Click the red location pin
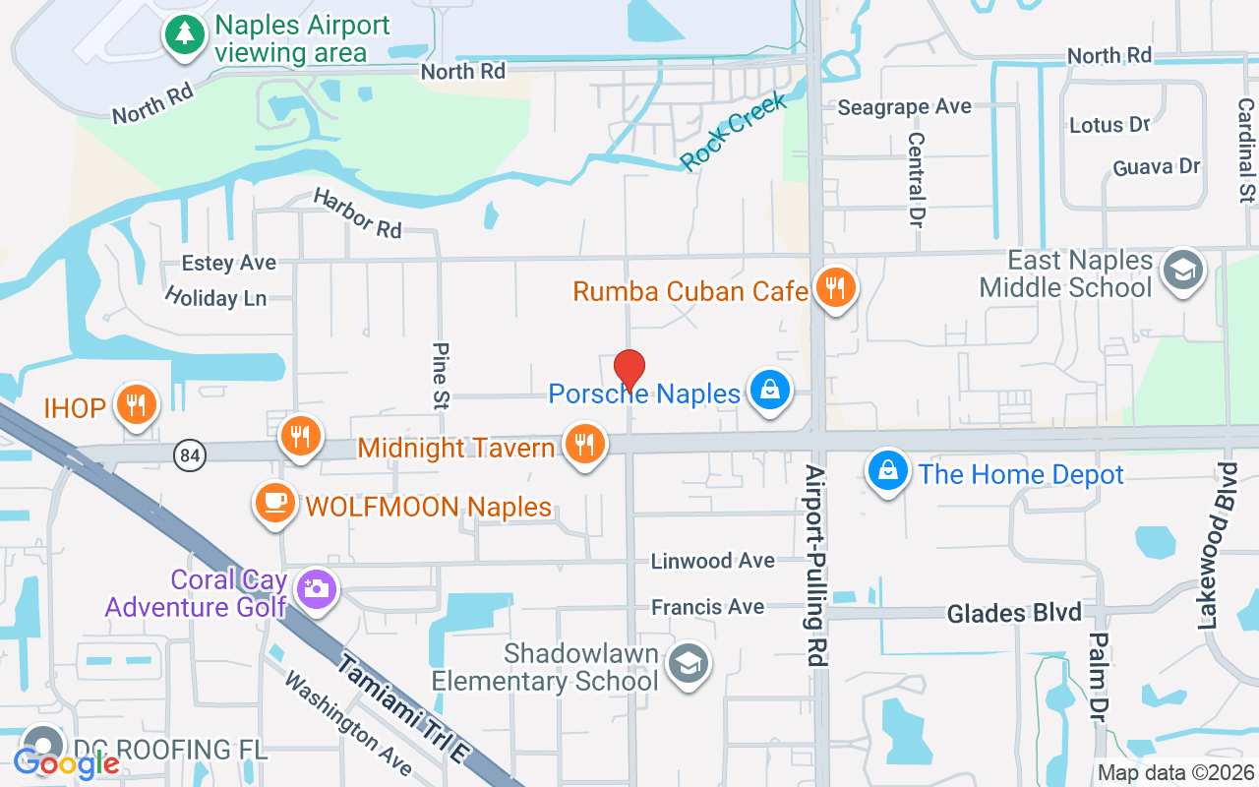[629, 370]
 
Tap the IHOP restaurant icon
[137, 404]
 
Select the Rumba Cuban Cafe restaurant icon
[835, 288]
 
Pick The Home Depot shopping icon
[887, 471]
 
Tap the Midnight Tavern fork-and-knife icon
[584, 445]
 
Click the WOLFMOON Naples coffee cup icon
[274, 503]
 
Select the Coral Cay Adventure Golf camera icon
[317, 589]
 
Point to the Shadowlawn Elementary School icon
[689, 664]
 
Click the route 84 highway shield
[191, 455]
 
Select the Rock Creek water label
[734, 132]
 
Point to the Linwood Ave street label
[712, 561]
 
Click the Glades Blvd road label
[1014, 614]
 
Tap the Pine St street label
[441, 375]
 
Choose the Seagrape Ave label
[904, 106]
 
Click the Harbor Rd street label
[357, 212]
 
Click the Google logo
[66, 762]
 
